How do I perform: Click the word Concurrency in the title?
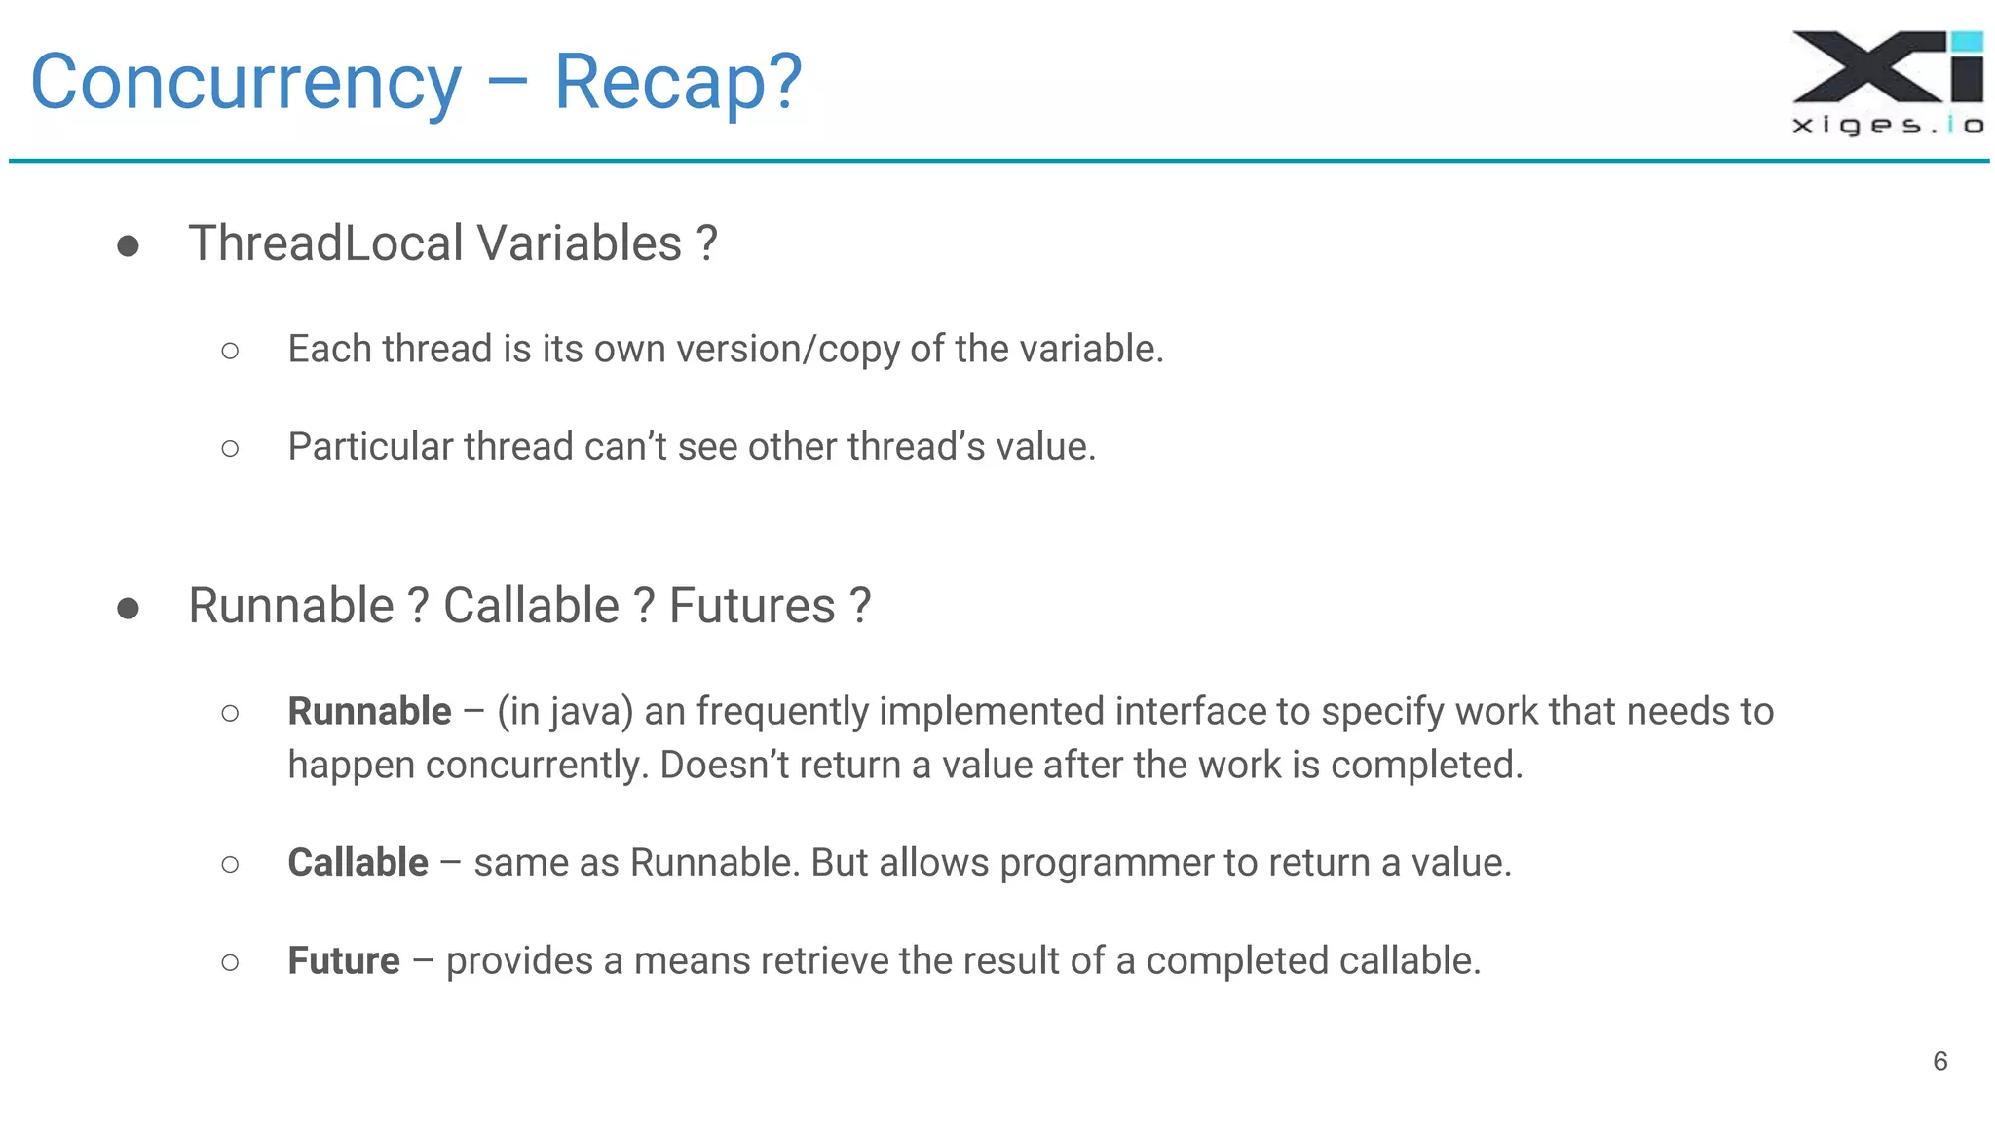[x=245, y=84]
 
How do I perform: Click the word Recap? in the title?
[x=678, y=84]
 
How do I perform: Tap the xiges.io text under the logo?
[x=1887, y=125]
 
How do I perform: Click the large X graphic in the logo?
[x=1865, y=66]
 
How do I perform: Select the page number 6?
[x=1939, y=1062]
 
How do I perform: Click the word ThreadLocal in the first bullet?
[x=325, y=243]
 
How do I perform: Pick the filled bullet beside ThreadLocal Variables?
[x=128, y=246]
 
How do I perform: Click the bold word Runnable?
[x=369, y=712]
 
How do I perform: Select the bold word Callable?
[x=358, y=863]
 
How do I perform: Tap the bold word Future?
[x=343, y=961]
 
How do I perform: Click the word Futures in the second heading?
[x=752, y=607]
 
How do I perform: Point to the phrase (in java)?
[x=565, y=712]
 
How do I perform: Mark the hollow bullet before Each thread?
[x=230, y=351]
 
